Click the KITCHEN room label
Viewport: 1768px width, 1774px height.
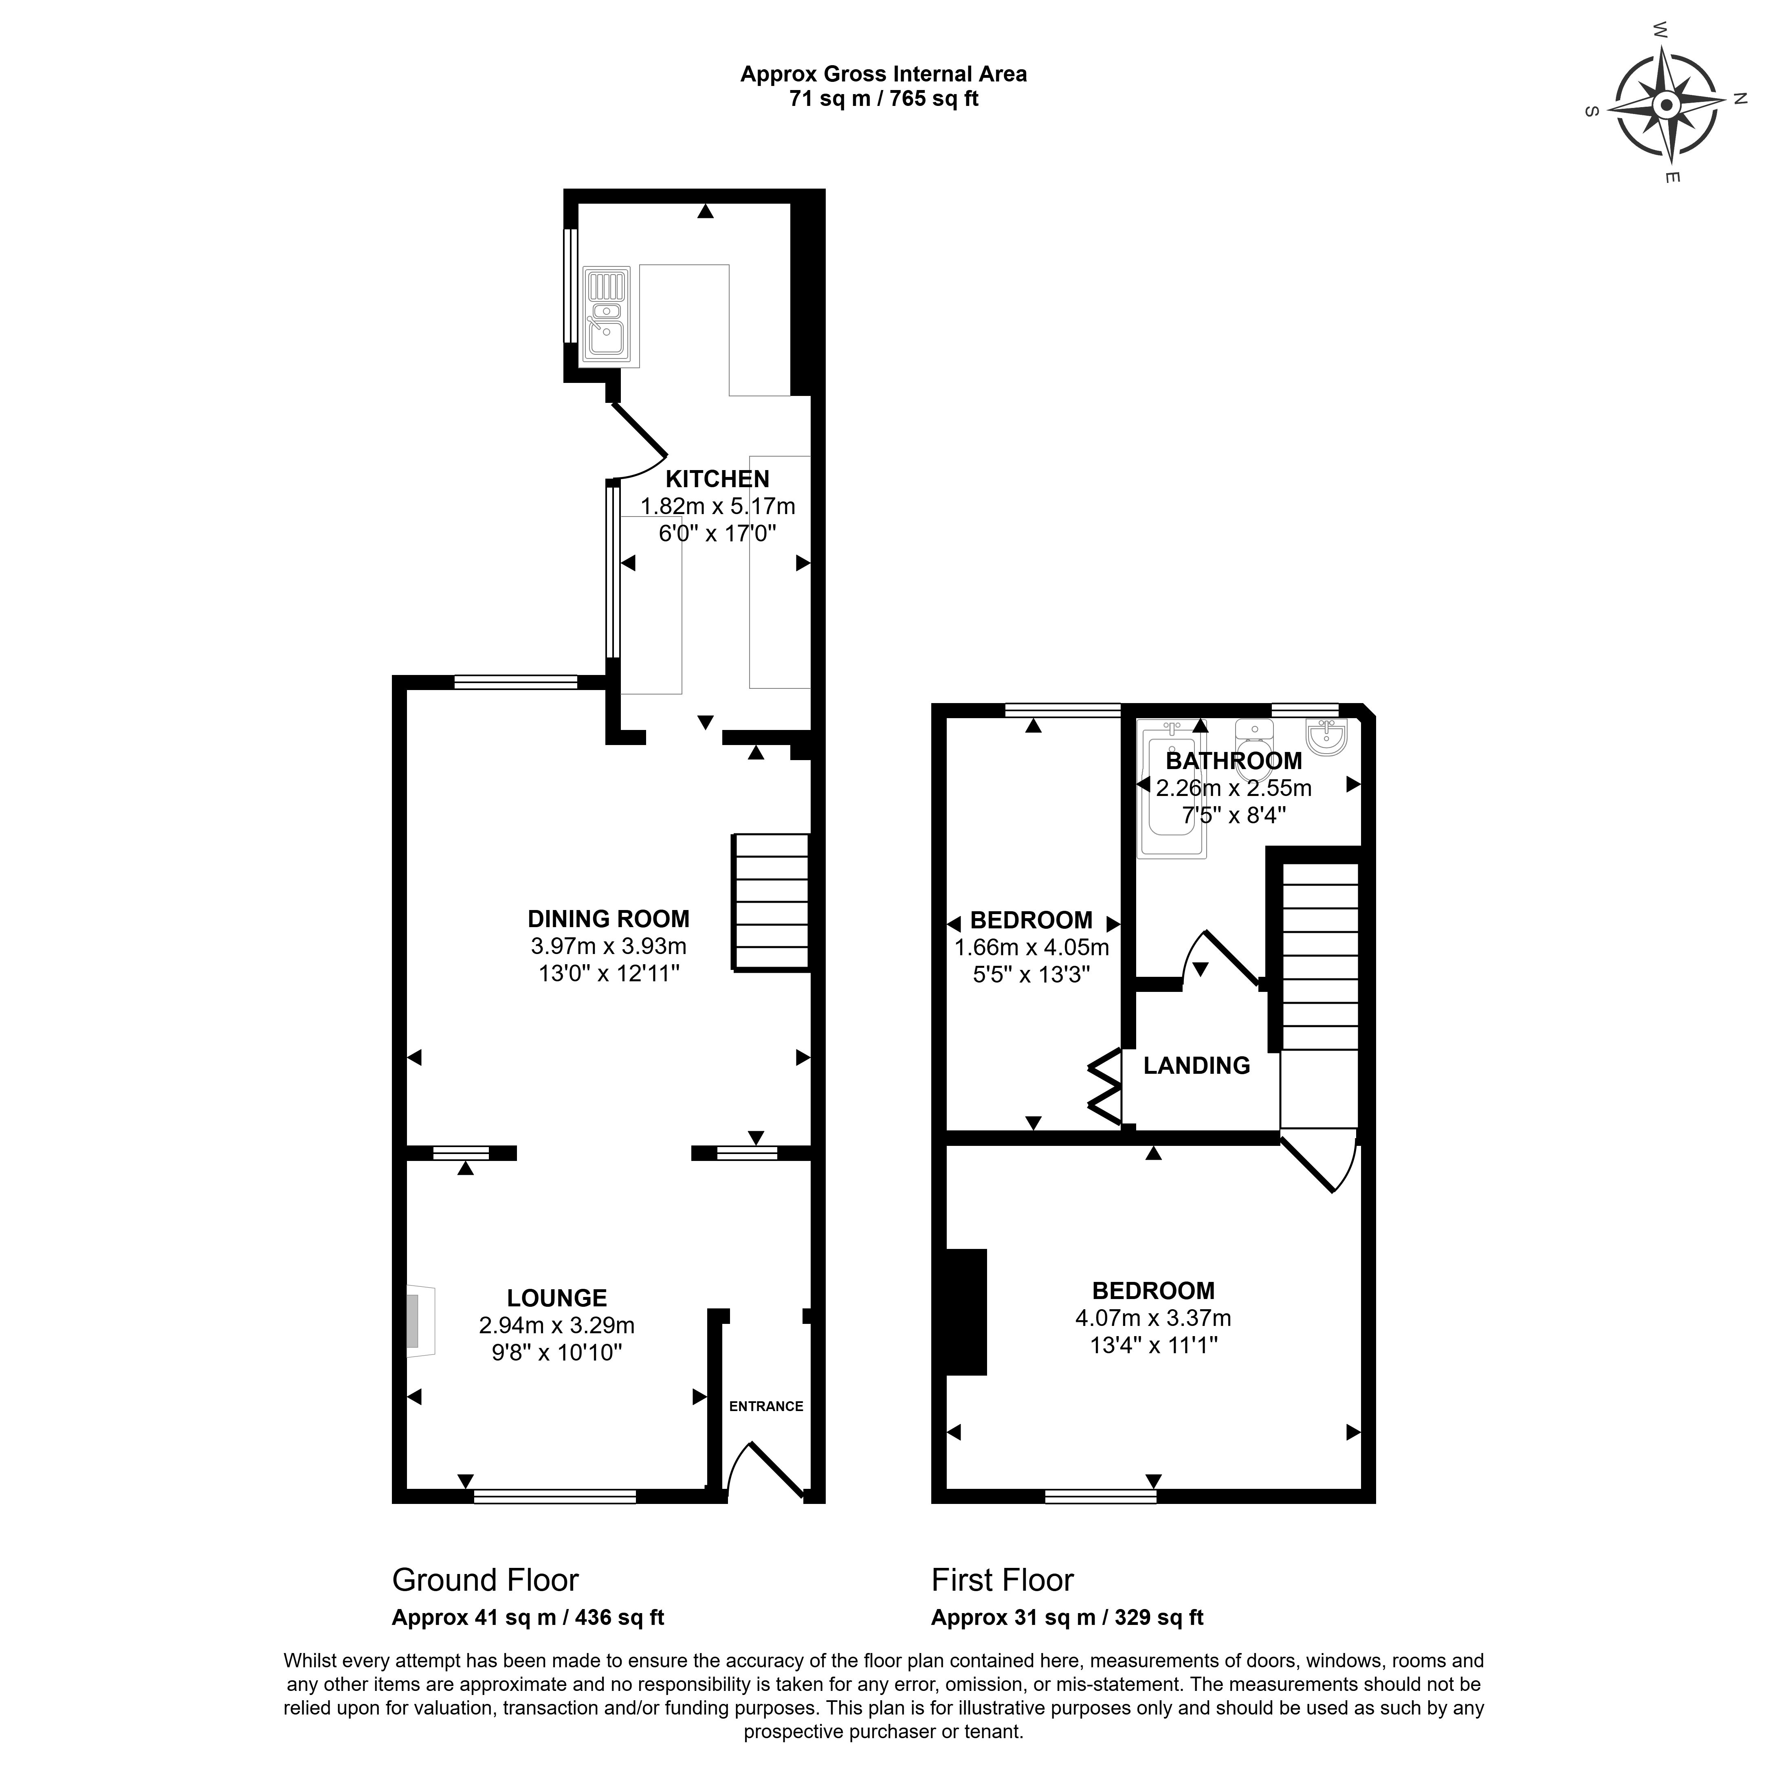pos(717,478)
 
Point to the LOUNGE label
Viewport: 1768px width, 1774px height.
pos(556,1297)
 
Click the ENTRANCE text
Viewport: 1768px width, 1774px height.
pos(766,1406)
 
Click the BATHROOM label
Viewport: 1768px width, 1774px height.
pos(1234,760)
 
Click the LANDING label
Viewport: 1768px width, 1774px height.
pos(1197,1065)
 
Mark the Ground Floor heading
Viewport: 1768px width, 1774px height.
pos(485,1579)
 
